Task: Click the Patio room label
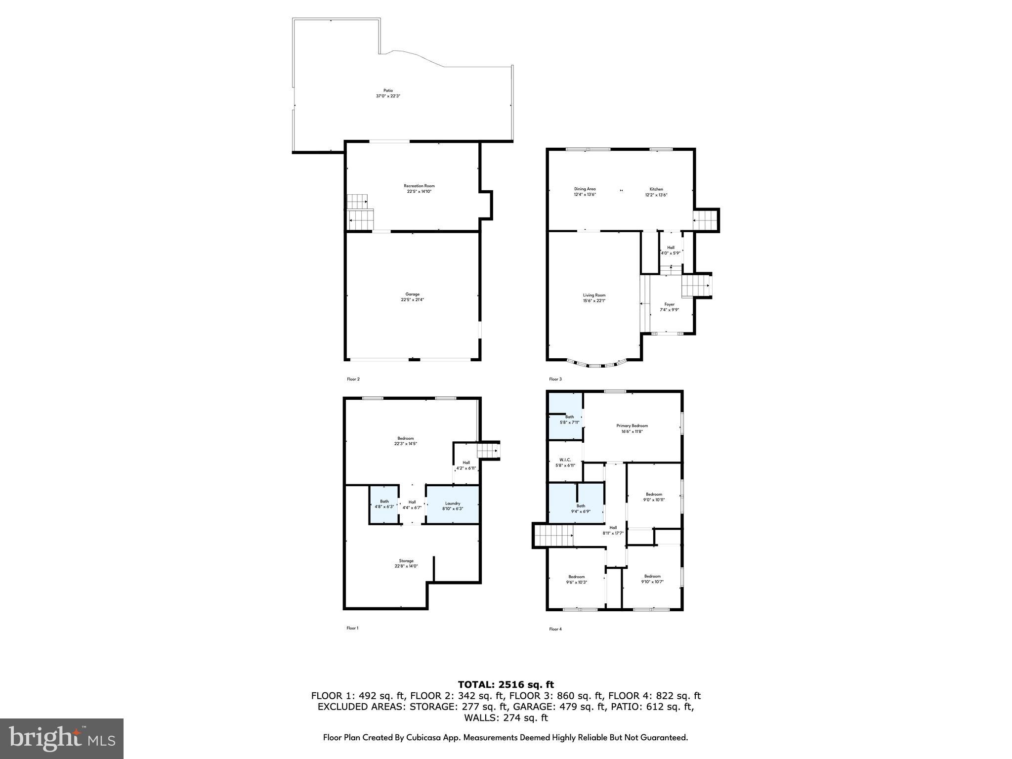[388, 90]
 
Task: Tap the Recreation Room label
[419, 186]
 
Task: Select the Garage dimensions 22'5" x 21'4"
[412, 300]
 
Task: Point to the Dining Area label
[585, 189]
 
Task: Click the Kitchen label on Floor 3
[656, 189]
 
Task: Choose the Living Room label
[594, 295]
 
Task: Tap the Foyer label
[670, 304]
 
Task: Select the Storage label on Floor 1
[406, 561]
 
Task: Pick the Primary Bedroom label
[632, 425]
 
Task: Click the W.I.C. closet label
[565, 460]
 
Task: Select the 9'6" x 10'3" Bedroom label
[576, 577]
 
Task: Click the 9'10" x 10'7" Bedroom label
[652, 576]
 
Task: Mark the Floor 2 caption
[353, 379]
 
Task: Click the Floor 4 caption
[555, 629]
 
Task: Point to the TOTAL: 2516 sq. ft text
[506, 684]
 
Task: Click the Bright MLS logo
[62, 738]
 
